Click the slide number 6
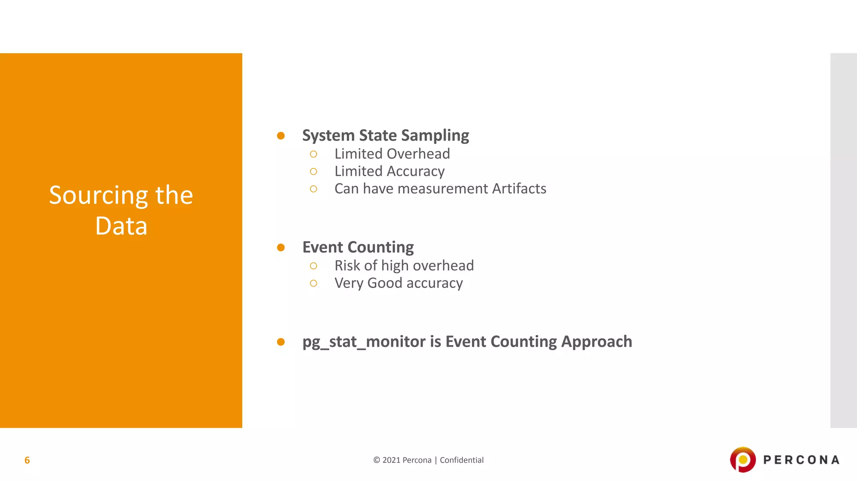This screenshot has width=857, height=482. click(27, 460)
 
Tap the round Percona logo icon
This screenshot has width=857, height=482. click(743, 459)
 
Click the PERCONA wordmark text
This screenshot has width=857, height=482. click(801, 460)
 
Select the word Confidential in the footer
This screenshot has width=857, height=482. click(462, 460)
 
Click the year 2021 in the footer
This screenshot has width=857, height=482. click(391, 460)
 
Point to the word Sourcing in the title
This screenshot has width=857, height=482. click(99, 195)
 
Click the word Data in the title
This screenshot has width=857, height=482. click(121, 226)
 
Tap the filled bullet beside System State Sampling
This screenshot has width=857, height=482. click(281, 136)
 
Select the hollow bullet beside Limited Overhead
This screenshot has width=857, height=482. click(313, 154)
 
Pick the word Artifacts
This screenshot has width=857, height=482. click(519, 189)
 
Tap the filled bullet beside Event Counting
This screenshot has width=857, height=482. click(281, 247)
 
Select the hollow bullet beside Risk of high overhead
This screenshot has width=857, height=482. click(313, 266)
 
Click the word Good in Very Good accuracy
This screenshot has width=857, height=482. click(385, 283)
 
